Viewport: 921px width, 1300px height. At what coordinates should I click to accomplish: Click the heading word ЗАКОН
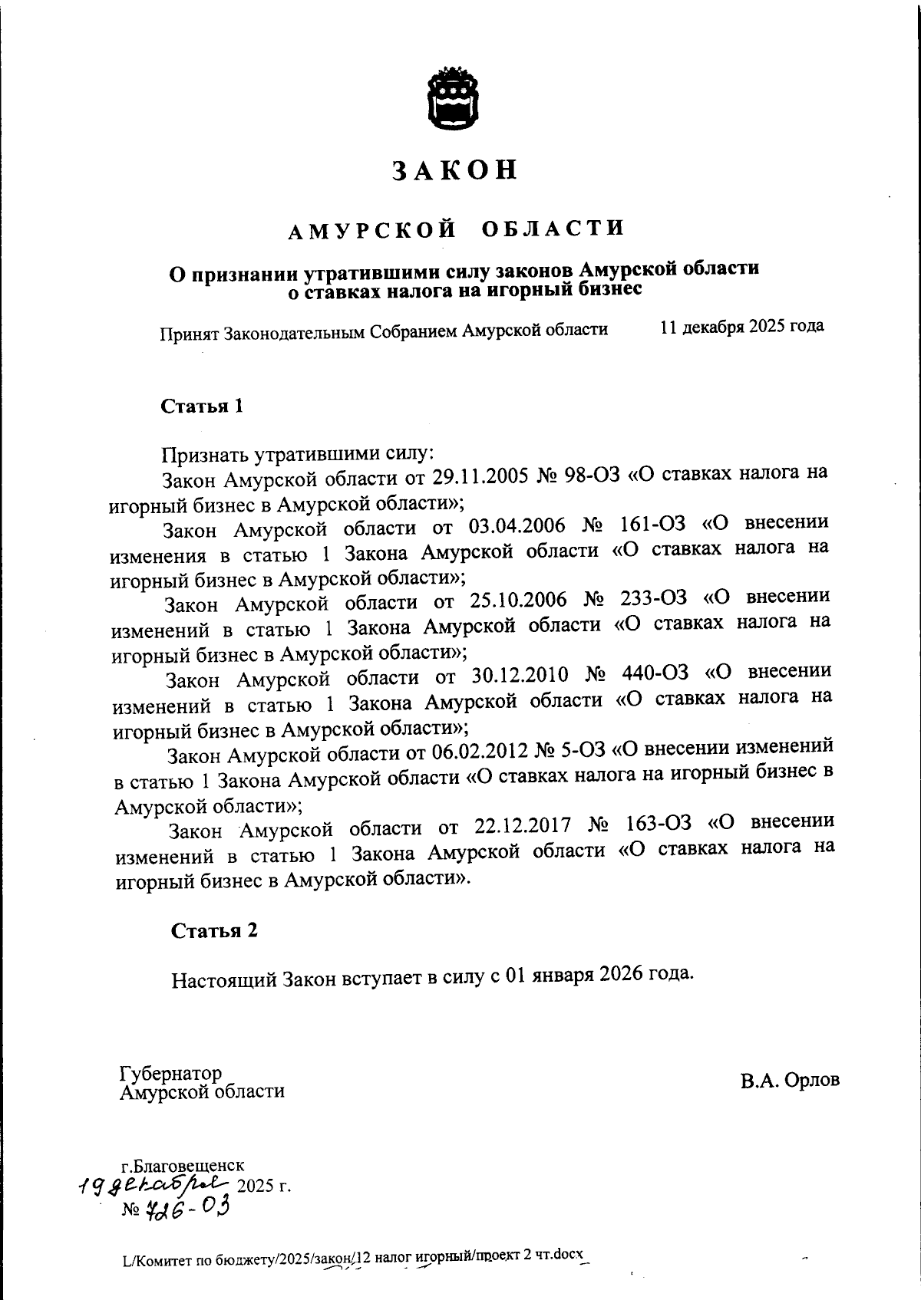click(x=455, y=170)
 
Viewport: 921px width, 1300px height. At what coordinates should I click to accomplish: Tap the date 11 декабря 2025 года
click(x=741, y=326)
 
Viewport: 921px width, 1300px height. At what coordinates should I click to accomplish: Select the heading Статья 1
click(x=202, y=406)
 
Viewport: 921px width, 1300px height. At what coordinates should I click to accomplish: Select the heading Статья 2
click(x=214, y=930)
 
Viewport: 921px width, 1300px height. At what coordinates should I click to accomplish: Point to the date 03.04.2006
click(x=516, y=528)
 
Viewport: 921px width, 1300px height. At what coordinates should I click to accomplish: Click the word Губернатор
click(x=170, y=1072)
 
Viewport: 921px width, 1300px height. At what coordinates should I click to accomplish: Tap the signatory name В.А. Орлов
click(x=790, y=1080)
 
